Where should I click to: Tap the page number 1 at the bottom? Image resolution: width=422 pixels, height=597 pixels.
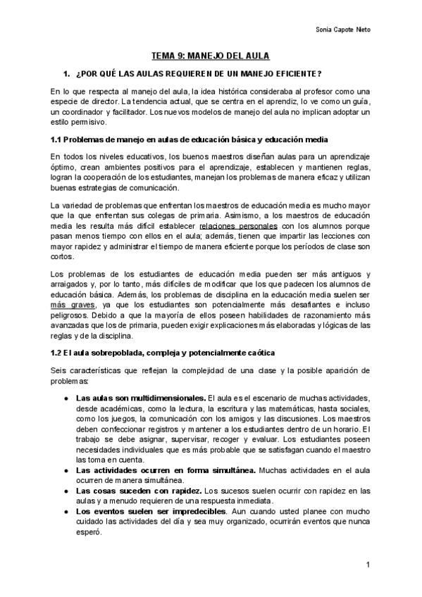tap(368, 565)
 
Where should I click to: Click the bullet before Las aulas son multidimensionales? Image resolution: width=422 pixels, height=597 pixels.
tap(66, 398)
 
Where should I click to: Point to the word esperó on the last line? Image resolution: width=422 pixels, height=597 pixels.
tap(89, 533)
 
